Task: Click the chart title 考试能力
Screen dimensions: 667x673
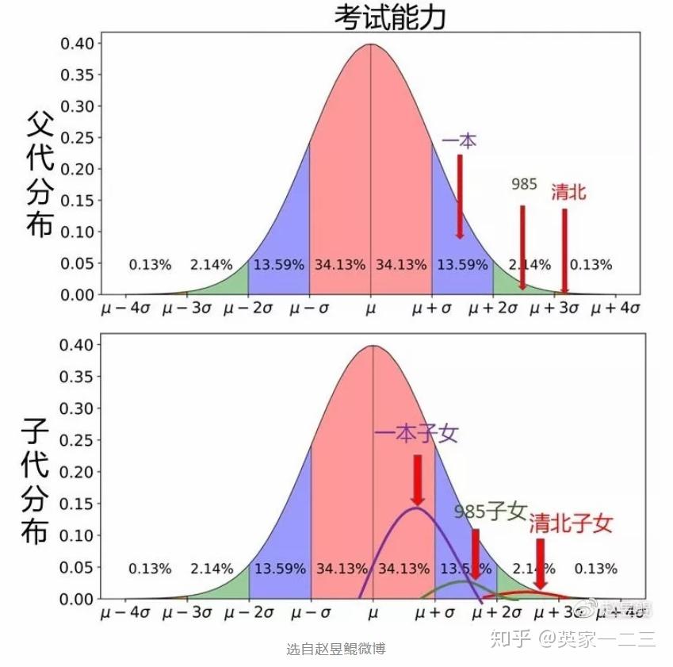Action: pos(390,16)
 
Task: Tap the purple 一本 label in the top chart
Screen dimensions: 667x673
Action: pos(460,141)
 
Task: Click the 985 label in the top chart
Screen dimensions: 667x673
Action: pos(524,184)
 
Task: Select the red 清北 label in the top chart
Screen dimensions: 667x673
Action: pos(568,191)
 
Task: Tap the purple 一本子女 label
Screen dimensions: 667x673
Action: pos(416,434)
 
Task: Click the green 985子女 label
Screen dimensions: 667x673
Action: pos(490,511)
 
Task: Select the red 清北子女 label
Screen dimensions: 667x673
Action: pos(571,523)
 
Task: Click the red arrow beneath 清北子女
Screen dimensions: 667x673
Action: pos(541,563)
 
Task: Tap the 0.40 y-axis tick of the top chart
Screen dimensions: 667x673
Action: pos(78,43)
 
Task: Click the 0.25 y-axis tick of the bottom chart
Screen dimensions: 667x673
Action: pos(78,440)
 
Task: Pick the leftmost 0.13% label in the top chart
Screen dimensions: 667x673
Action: pos(150,265)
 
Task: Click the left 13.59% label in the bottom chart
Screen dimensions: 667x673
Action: pos(280,569)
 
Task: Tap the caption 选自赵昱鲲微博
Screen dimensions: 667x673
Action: pos(336,649)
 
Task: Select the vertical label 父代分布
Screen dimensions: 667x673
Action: pos(40,174)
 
